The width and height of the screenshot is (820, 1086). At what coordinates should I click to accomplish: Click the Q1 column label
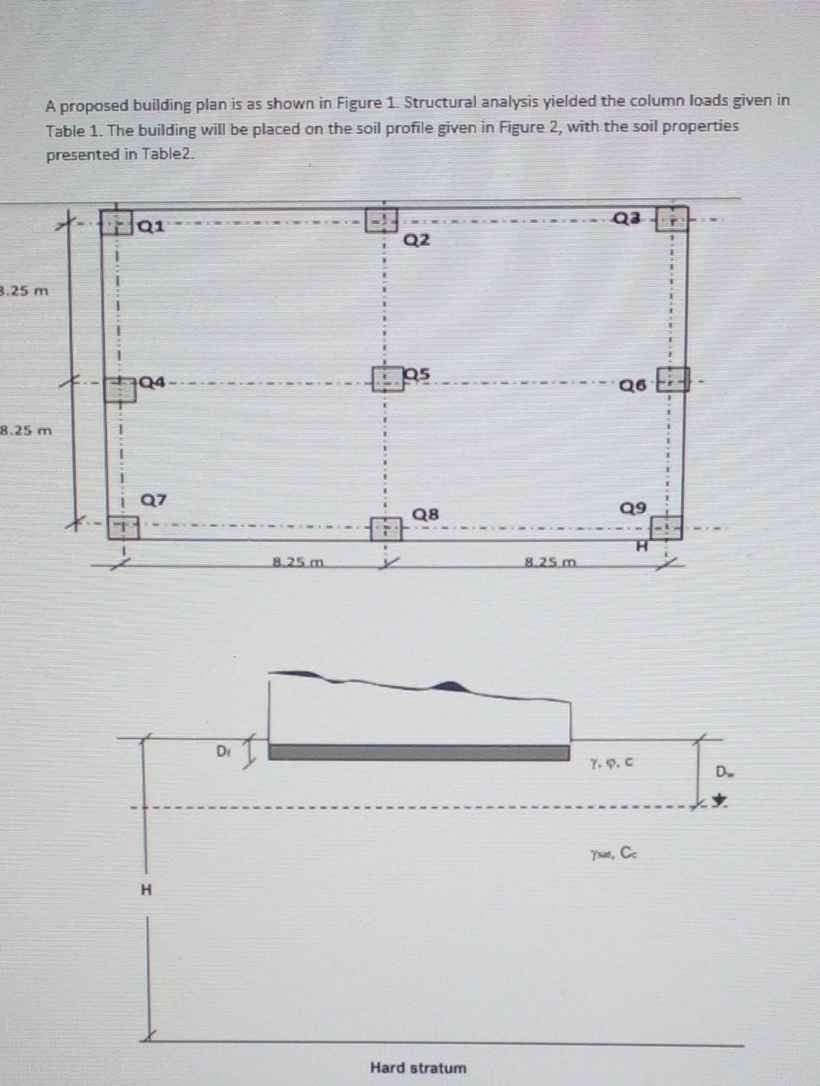coord(151,225)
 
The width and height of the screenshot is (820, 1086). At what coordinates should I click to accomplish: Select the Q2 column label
coord(417,240)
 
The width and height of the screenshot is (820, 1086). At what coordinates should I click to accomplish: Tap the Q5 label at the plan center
coord(418,373)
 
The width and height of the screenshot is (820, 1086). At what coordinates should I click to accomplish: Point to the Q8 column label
coord(425,514)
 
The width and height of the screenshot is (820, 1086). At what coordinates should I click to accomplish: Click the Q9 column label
coord(633,507)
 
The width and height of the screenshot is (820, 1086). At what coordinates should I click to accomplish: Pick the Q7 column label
coord(153,500)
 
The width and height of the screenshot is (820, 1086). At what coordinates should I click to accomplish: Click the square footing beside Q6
coord(673,379)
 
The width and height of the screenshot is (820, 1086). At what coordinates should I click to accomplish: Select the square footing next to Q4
coord(120,389)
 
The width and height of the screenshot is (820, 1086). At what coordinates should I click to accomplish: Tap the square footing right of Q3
coord(672,219)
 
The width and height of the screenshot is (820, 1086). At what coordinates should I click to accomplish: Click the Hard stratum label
coord(418,1067)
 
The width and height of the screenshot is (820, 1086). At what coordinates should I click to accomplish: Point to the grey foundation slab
coord(419,752)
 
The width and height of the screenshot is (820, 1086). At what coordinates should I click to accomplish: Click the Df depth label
coord(222,751)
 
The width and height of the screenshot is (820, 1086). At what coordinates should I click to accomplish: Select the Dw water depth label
coord(722,773)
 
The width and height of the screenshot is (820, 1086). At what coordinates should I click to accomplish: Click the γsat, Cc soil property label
coord(614,853)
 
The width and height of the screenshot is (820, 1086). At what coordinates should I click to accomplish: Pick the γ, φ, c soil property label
coord(611,760)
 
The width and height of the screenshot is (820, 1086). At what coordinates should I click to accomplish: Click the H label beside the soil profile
coord(147,889)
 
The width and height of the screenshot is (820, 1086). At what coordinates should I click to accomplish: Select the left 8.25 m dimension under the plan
coord(298,562)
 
